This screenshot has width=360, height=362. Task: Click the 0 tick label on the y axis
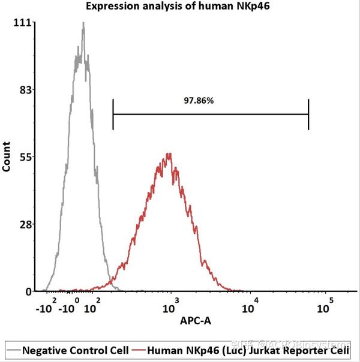[x=28, y=291]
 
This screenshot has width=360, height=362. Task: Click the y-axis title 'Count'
[x=7, y=157]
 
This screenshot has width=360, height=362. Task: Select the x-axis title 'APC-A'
[x=196, y=321]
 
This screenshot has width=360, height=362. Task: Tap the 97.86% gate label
[x=199, y=101]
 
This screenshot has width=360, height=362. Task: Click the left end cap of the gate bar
[x=113, y=114]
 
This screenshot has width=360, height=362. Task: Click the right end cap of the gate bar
[x=308, y=114]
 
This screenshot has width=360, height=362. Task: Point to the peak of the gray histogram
[x=83, y=24]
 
